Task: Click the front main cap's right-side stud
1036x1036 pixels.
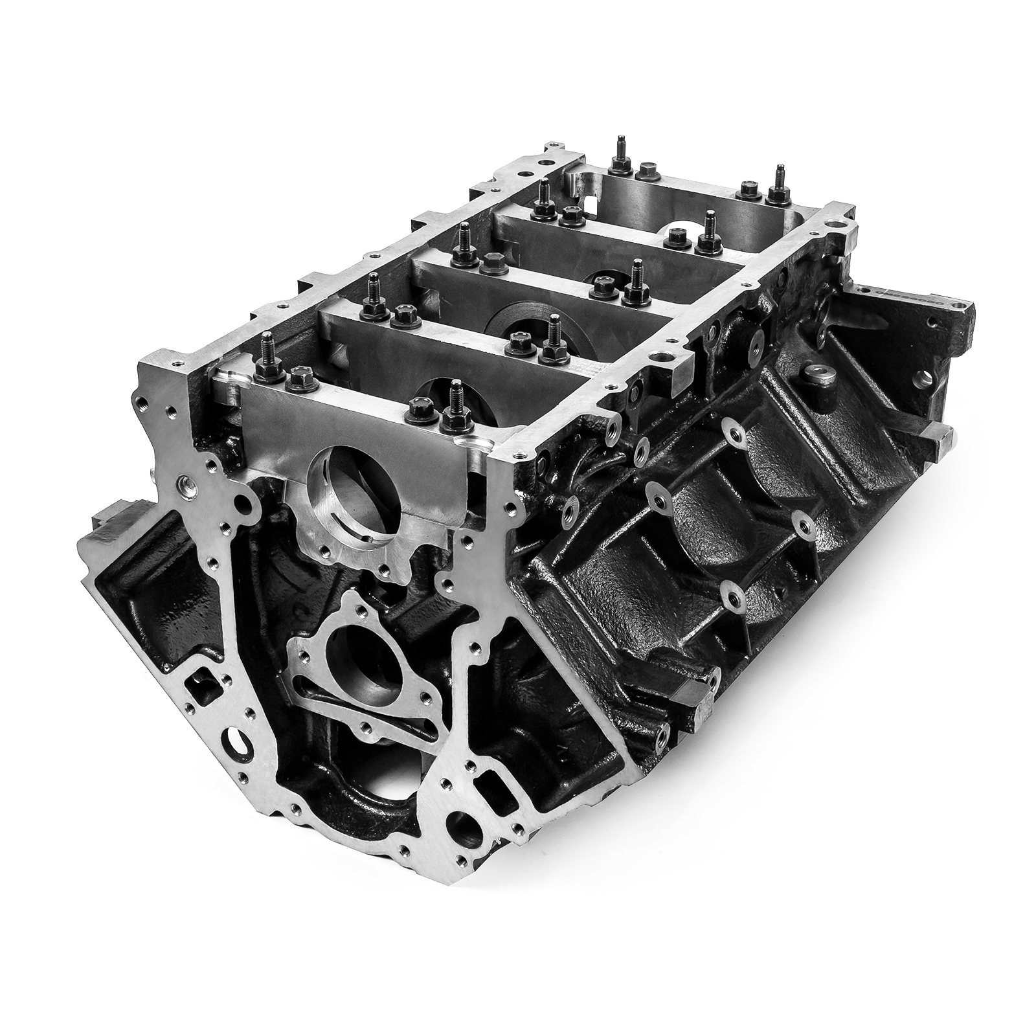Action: pyautogui.click(x=455, y=408)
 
